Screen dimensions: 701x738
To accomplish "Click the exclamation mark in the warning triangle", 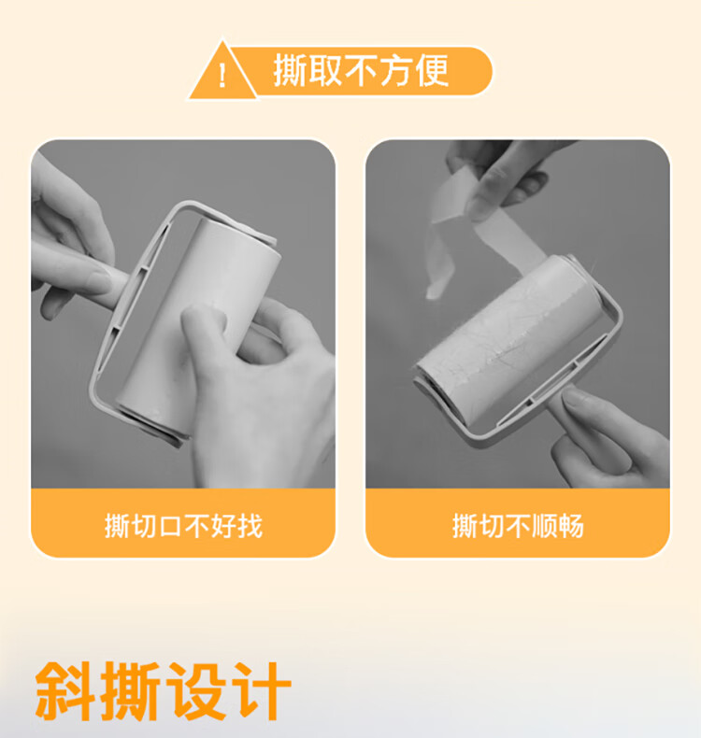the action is tap(222, 77).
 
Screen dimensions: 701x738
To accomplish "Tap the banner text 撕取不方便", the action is tap(361, 71).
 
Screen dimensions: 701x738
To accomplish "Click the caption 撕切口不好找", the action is tap(183, 525).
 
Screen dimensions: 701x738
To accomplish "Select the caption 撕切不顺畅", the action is tap(518, 525).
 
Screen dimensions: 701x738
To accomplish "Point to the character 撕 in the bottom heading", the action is tap(130, 691).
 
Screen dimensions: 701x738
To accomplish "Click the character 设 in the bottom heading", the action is tap(195, 691).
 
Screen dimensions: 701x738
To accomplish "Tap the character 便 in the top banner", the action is tap(431, 71).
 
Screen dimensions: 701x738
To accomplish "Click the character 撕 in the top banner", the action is tap(291, 71).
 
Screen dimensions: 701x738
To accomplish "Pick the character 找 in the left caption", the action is tap(250, 525).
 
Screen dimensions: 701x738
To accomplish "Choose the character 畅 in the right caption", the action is tap(571, 525).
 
